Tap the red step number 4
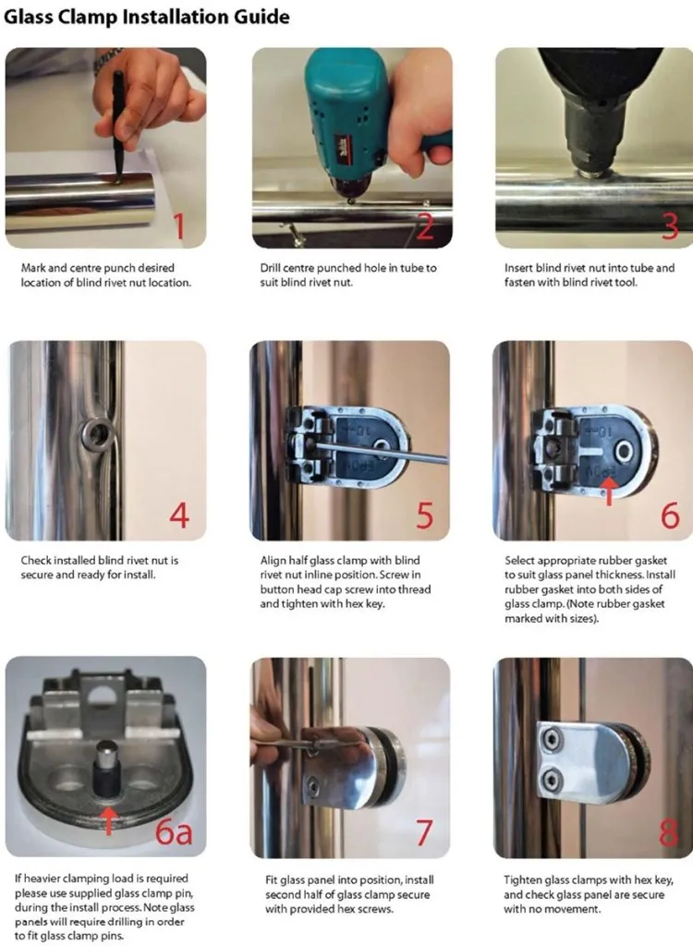(x=179, y=515)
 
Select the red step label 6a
(x=174, y=832)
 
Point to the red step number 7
(x=424, y=832)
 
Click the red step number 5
(x=425, y=515)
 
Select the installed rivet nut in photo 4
(x=97, y=432)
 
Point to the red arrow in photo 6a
(x=108, y=819)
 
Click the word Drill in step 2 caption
(x=270, y=268)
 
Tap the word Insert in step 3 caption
(x=518, y=268)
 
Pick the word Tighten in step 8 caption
(x=525, y=880)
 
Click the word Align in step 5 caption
(x=273, y=561)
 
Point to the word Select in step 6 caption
(x=519, y=561)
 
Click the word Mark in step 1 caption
(x=33, y=268)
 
